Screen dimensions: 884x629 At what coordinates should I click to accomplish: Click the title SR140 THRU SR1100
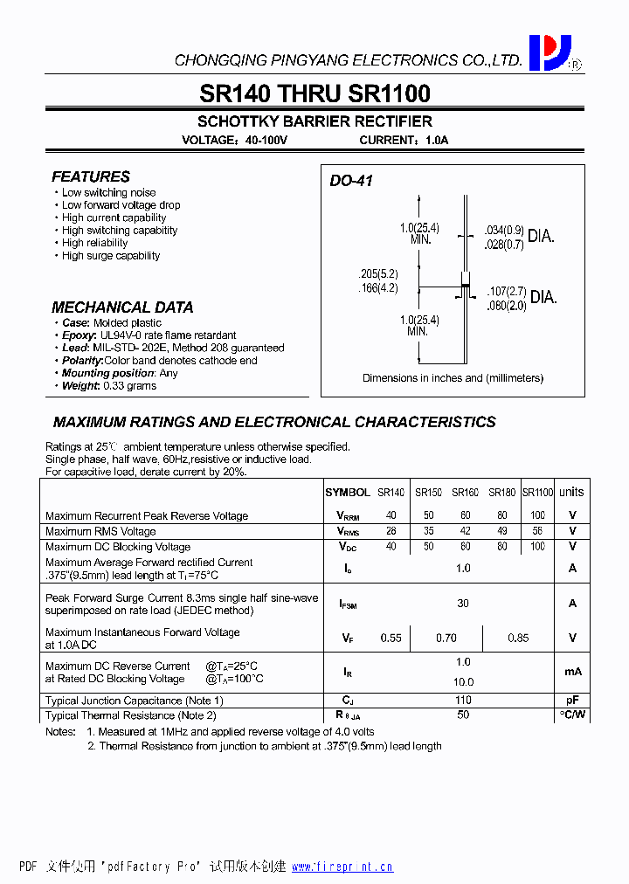tap(314, 93)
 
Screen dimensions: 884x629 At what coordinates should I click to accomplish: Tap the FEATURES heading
tap(91, 176)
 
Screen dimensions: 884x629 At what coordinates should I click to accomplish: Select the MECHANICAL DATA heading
tap(122, 307)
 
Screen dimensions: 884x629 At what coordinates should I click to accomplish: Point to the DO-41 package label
tap(351, 181)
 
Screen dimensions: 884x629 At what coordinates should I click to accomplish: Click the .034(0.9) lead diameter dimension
tap(503, 231)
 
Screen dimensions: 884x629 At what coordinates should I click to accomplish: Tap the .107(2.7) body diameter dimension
tap(507, 291)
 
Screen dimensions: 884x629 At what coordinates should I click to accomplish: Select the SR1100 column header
tap(537, 493)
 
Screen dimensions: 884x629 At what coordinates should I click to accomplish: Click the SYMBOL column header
tap(348, 493)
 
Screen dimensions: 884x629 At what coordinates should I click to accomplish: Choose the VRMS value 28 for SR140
tap(391, 531)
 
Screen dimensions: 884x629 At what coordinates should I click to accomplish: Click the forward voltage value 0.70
tap(446, 639)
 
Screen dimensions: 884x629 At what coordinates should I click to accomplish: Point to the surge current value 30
tap(463, 603)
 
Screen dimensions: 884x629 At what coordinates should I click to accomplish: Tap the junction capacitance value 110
tap(463, 701)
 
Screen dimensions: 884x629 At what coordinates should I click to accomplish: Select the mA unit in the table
tap(572, 672)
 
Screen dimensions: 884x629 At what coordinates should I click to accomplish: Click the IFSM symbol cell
tap(348, 604)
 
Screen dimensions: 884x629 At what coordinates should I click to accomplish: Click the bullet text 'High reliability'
tap(95, 243)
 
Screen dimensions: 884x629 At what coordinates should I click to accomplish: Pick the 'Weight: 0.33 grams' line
tap(109, 385)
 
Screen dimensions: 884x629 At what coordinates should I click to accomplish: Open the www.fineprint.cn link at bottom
tap(342, 867)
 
